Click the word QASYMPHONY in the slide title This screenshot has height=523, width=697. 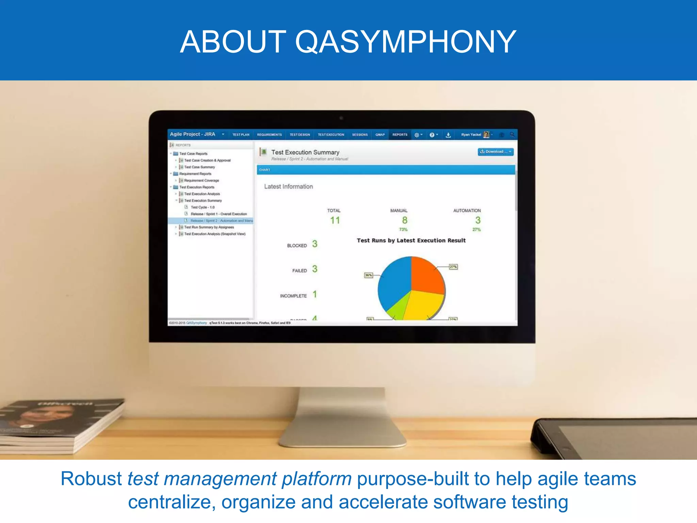[x=405, y=42]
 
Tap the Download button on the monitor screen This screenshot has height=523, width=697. [x=496, y=152]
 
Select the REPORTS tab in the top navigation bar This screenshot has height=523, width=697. [x=400, y=135]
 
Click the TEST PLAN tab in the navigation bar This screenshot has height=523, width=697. [x=241, y=135]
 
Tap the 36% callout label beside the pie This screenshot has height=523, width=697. [x=368, y=275]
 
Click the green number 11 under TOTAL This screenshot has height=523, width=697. [x=335, y=221]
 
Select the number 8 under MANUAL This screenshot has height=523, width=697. [x=405, y=220]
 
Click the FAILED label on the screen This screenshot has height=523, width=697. [x=299, y=271]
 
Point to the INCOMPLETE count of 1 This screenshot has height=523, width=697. [x=315, y=294]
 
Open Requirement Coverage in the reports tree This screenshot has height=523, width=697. [x=201, y=180]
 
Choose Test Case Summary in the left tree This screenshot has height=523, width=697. [x=199, y=167]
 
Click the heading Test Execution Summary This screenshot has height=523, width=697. [x=305, y=152]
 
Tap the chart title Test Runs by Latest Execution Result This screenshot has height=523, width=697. [x=411, y=240]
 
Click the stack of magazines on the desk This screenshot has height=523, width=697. [x=58, y=426]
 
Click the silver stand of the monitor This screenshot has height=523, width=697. [x=342, y=419]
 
